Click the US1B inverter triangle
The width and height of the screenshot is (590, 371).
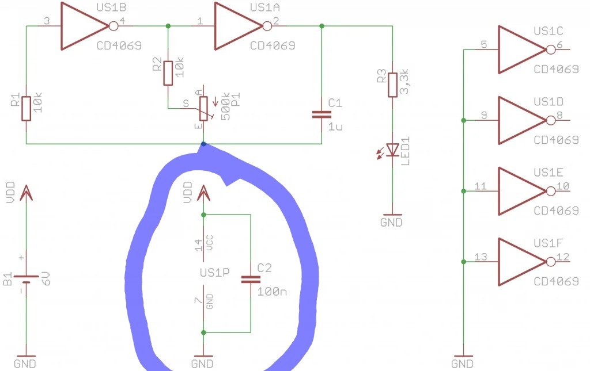click(85, 26)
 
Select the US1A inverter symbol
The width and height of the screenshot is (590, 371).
click(238, 26)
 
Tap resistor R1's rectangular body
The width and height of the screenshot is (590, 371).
click(26, 109)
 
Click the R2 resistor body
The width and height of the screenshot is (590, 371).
click(168, 73)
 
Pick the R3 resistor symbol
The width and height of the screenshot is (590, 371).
click(392, 85)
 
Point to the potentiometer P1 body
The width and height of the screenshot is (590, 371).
click(203, 109)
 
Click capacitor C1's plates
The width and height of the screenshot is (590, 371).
click(322, 114)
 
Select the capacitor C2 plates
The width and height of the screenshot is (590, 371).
click(251, 280)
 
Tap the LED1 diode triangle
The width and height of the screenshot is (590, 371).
click(393, 150)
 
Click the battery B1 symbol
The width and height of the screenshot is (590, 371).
click(26, 279)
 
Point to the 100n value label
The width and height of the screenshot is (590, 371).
click(272, 292)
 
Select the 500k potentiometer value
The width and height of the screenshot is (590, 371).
click(225, 106)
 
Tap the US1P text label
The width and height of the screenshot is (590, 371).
click(214, 272)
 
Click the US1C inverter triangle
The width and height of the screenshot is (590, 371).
click(522, 49)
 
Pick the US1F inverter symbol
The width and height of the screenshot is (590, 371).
click(527, 262)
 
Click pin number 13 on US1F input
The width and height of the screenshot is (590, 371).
click(481, 257)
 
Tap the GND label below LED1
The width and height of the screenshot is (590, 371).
click(391, 222)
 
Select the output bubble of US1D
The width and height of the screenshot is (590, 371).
click(550, 120)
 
